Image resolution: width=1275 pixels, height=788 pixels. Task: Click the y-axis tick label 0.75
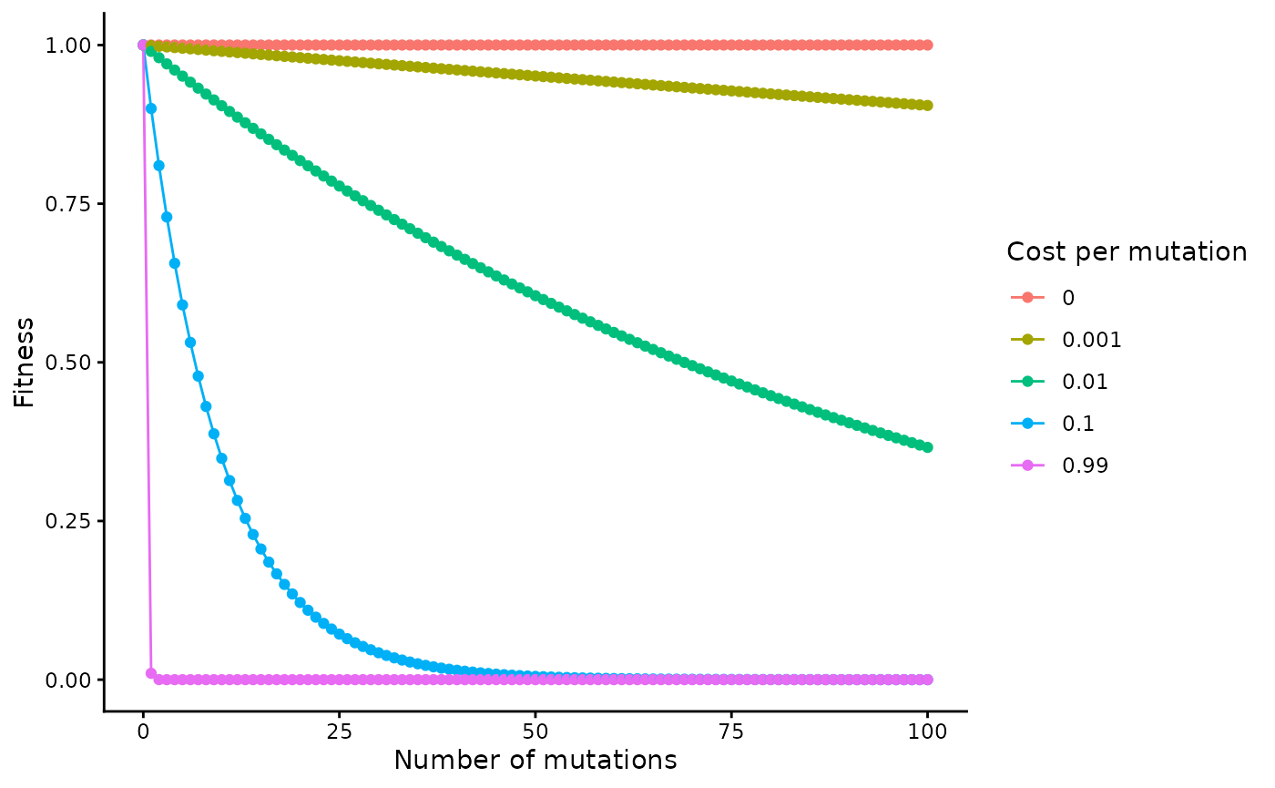coord(71,203)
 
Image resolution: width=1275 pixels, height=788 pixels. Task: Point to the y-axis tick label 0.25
coord(71,521)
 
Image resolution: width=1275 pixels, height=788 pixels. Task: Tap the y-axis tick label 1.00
coord(71,45)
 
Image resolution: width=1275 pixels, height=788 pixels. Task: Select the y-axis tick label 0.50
coord(71,362)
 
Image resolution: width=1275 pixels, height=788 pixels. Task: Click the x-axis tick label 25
coord(339,732)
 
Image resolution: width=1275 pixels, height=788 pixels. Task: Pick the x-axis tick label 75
coord(731,732)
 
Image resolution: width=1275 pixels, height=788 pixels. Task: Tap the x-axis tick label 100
coord(927,732)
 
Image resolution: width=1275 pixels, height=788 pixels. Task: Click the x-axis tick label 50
coord(535,732)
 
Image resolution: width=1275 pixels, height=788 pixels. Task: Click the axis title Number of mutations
coord(535,760)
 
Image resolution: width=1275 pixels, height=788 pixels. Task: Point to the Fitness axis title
coord(25,362)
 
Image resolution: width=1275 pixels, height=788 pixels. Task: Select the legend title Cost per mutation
coord(1127,251)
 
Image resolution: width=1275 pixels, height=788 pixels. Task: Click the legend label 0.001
coord(1092,340)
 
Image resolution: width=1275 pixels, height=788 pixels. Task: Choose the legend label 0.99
coord(1086,466)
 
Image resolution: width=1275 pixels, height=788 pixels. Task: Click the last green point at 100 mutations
coord(927,446)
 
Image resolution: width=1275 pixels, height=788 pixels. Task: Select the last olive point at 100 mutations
coord(927,105)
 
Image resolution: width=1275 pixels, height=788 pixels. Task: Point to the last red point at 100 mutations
coord(927,45)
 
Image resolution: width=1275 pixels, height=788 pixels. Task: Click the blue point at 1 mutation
coord(151,108)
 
